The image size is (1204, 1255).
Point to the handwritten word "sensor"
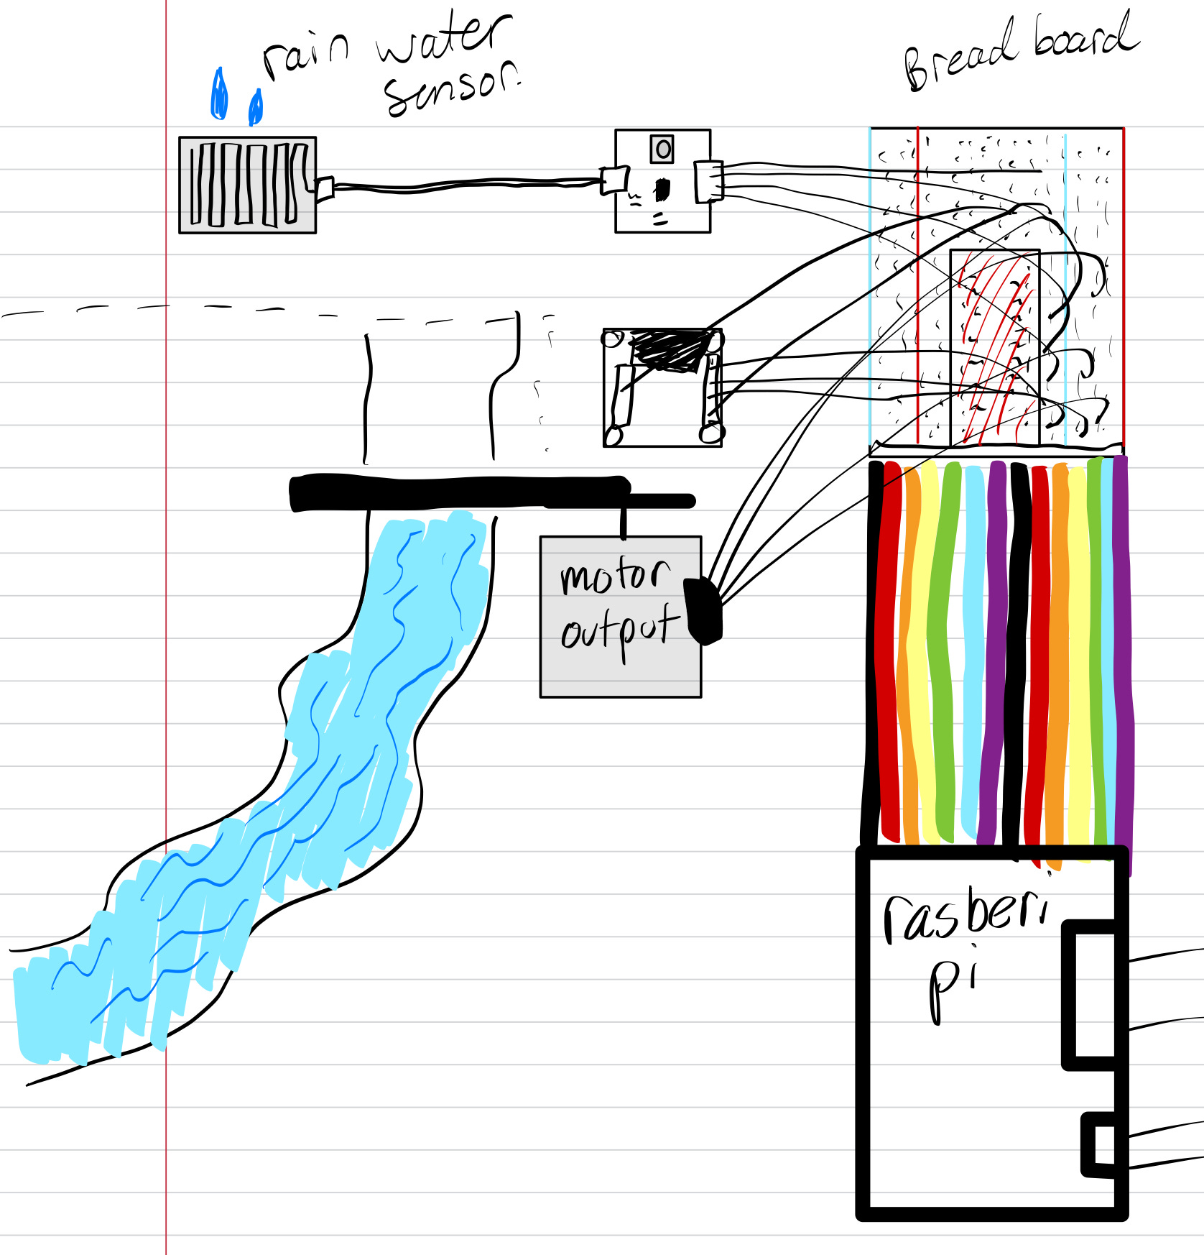451,89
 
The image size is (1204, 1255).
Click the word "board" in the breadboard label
1085,36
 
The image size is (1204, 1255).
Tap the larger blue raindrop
219,94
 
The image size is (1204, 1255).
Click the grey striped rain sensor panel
247,185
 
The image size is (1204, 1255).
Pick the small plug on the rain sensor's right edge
324,189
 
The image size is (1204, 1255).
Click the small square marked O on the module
662,149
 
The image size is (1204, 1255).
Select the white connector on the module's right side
707,180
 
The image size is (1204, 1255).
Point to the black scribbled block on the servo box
668,350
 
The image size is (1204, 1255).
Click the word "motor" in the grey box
614,576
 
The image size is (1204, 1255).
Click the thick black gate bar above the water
460,493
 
